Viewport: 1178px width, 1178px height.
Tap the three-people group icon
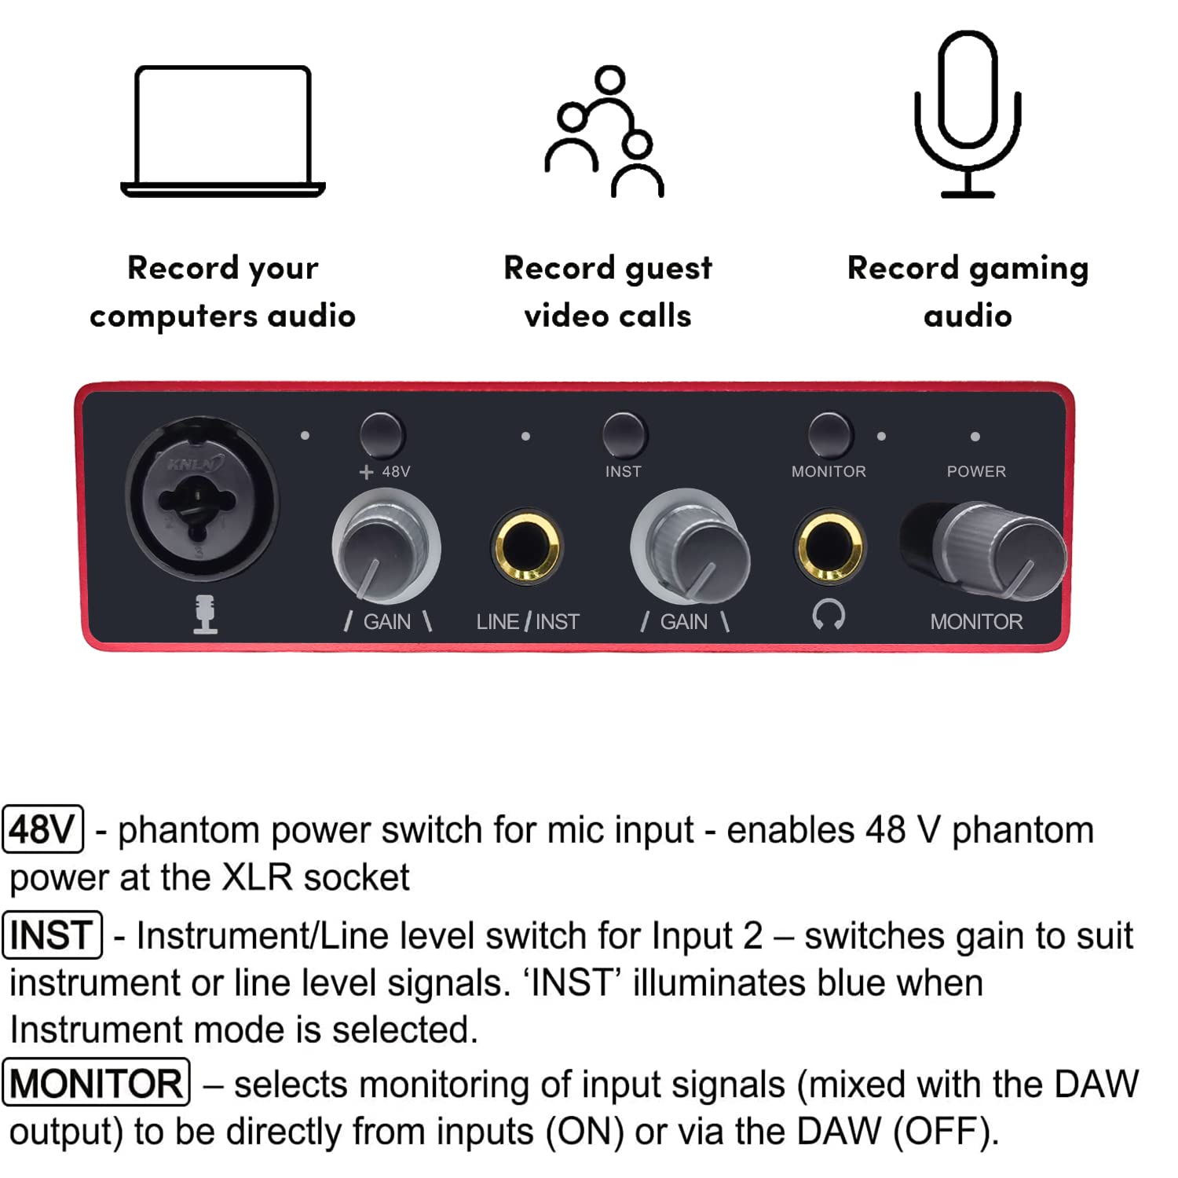605,132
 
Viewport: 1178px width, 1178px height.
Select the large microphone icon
968,114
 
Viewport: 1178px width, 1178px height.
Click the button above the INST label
624,435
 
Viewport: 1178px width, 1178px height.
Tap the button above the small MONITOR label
829,434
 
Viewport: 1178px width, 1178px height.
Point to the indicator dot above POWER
975,437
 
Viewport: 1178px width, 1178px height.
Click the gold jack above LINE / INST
526,546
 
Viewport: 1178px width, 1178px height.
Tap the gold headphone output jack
829,546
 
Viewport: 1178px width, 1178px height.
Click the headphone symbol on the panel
829,615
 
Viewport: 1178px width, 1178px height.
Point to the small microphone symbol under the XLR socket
206,614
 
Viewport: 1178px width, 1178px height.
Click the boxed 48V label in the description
43,829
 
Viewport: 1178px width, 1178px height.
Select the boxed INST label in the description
53,935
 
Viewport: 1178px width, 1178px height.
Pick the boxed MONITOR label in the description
97,1083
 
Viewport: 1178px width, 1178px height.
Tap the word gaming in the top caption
1029,269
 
